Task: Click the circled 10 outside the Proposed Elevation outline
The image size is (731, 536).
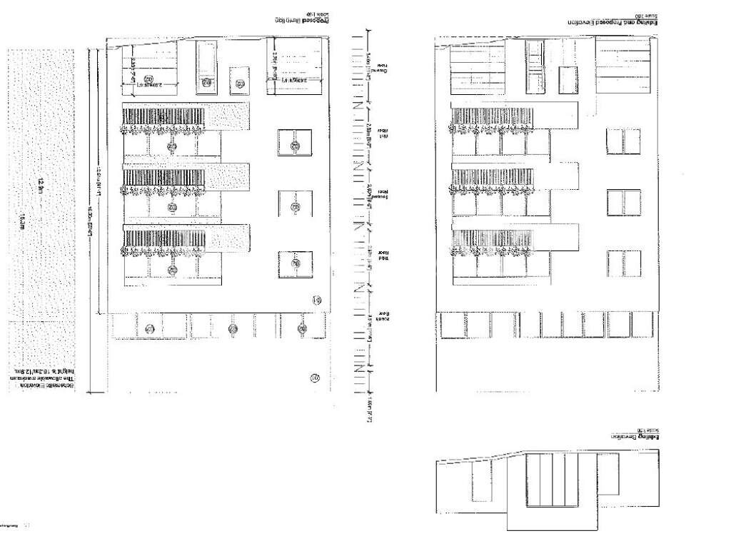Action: pyautogui.click(x=314, y=378)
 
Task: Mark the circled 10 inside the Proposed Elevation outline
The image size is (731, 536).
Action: pyautogui.click(x=317, y=300)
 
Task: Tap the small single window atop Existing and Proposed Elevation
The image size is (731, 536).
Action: pyautogui.click(x=568, y=77)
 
